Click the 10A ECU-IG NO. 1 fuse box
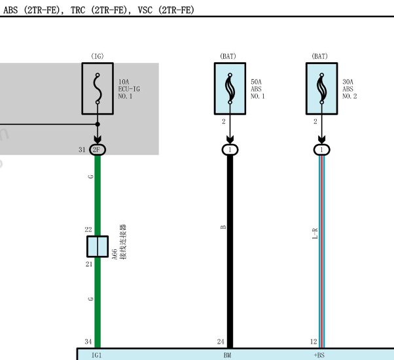[x=98, y=88]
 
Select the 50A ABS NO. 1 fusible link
[x=230, y=88]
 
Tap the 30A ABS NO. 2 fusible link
[x=321, y=88]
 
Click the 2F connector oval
[x=98, y=150]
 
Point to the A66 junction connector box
[x=98, y=247]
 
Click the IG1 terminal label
[x=96, y=355]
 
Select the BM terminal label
[x=227, y=355]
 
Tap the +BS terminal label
[x=319, y=355]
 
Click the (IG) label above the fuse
[x=98, y=56]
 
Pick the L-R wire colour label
[x=315, y=234]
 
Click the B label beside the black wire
[x=223, y=227]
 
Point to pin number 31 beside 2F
[x=82, y=150]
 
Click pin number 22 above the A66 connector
[x=88, y=230]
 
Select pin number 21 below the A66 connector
[x=89, y=264]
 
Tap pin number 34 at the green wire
[x=88, y=342]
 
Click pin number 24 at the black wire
[x=221, y=342]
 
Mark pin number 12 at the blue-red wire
[x=313, y=342]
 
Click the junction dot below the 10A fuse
[x=98, y=124]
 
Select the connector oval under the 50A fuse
[x=230, y=150]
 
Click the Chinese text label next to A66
[x=123, y=242]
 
